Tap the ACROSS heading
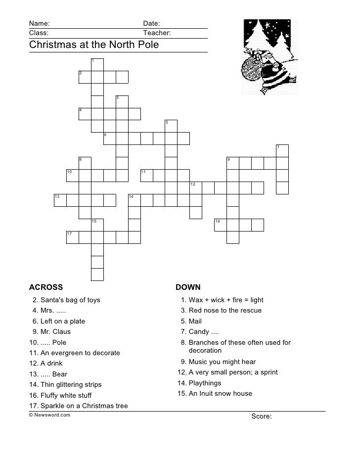click(x=46, y=287)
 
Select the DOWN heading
click(x=188, y=287)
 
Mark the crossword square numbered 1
click(x=97, y=64)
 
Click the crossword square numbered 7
click(x=282, y=151)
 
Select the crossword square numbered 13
click(x=60, y=200)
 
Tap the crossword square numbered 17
click(x=73, y=237)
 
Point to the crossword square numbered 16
click(x=221, y=225)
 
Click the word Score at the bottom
click(x=261, y=417)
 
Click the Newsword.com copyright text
click(x=49, y=415)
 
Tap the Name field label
click(x=39, y=24)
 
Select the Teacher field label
click(x=157, y=33)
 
